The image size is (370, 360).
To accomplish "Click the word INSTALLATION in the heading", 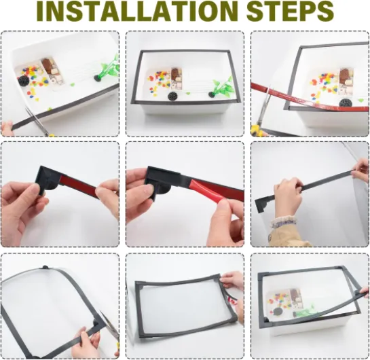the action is tap(137, 11).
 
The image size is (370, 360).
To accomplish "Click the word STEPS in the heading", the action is tap(290, 11).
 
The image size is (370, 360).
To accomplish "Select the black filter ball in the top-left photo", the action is tap(24, 81).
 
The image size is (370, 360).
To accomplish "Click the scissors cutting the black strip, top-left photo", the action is tap(38, 120).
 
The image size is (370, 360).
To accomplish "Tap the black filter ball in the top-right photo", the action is tap(344, 103).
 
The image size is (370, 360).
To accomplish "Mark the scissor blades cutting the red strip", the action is tap(265, 104).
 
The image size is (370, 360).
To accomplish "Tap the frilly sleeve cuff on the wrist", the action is tap(283, 223).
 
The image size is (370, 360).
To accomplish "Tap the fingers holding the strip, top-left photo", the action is tap(7, 128).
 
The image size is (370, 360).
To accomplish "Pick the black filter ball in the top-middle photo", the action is tap(172, 96).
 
